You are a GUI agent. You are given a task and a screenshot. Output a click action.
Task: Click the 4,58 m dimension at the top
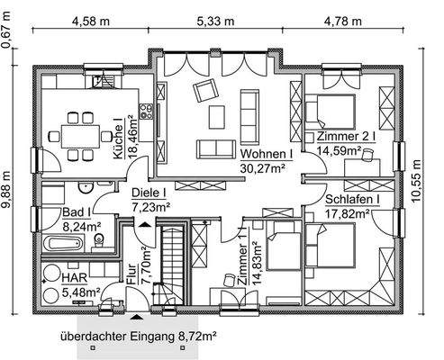pyautogui.click(x=92, y=20)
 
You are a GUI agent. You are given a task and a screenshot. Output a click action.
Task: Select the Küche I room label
pyautogui.click(x=117, y=139)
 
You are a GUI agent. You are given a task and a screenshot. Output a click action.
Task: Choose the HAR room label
pyautogui.click(x=74, y=280)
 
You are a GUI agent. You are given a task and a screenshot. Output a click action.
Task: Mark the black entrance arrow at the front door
pyautogui.click(x=136, y=316)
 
